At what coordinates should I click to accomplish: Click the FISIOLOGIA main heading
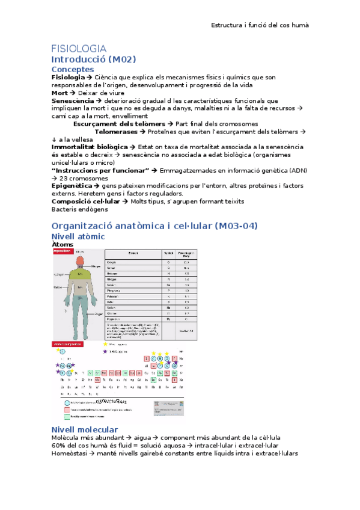click(x=79, y=48)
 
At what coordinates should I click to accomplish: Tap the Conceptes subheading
click(x=76, y=70)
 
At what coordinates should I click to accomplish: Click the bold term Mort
click(x=59, y=93)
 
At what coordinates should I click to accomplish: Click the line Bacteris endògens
click(x=79, y=209)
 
